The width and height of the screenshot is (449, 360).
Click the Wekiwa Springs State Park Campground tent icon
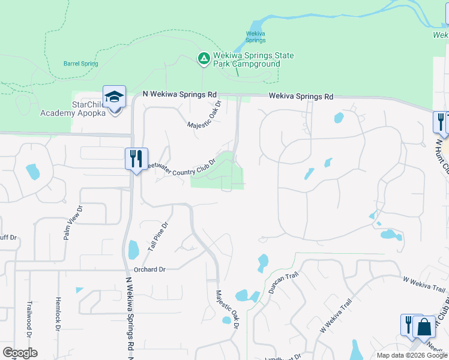(x=203, y=58)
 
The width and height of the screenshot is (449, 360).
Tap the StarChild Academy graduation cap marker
(x=114, y=97)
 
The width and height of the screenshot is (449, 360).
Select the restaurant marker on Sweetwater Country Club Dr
(x=136, y=159)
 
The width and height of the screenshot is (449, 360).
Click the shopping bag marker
(x=424, y=328)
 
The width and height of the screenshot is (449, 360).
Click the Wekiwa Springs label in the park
(x=256, y=37)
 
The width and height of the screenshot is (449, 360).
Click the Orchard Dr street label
(x=149, y=269)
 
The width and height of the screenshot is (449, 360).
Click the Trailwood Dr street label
(x=29, y=317)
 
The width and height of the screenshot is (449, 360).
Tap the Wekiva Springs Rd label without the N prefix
(x=301, y=96)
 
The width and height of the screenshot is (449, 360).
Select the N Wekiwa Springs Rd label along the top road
(x=179, y=95)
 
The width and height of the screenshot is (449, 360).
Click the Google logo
(x=20, y=353)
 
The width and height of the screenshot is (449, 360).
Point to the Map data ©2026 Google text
(x=412, y=355)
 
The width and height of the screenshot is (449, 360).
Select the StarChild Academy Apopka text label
(x=73, y=109)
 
